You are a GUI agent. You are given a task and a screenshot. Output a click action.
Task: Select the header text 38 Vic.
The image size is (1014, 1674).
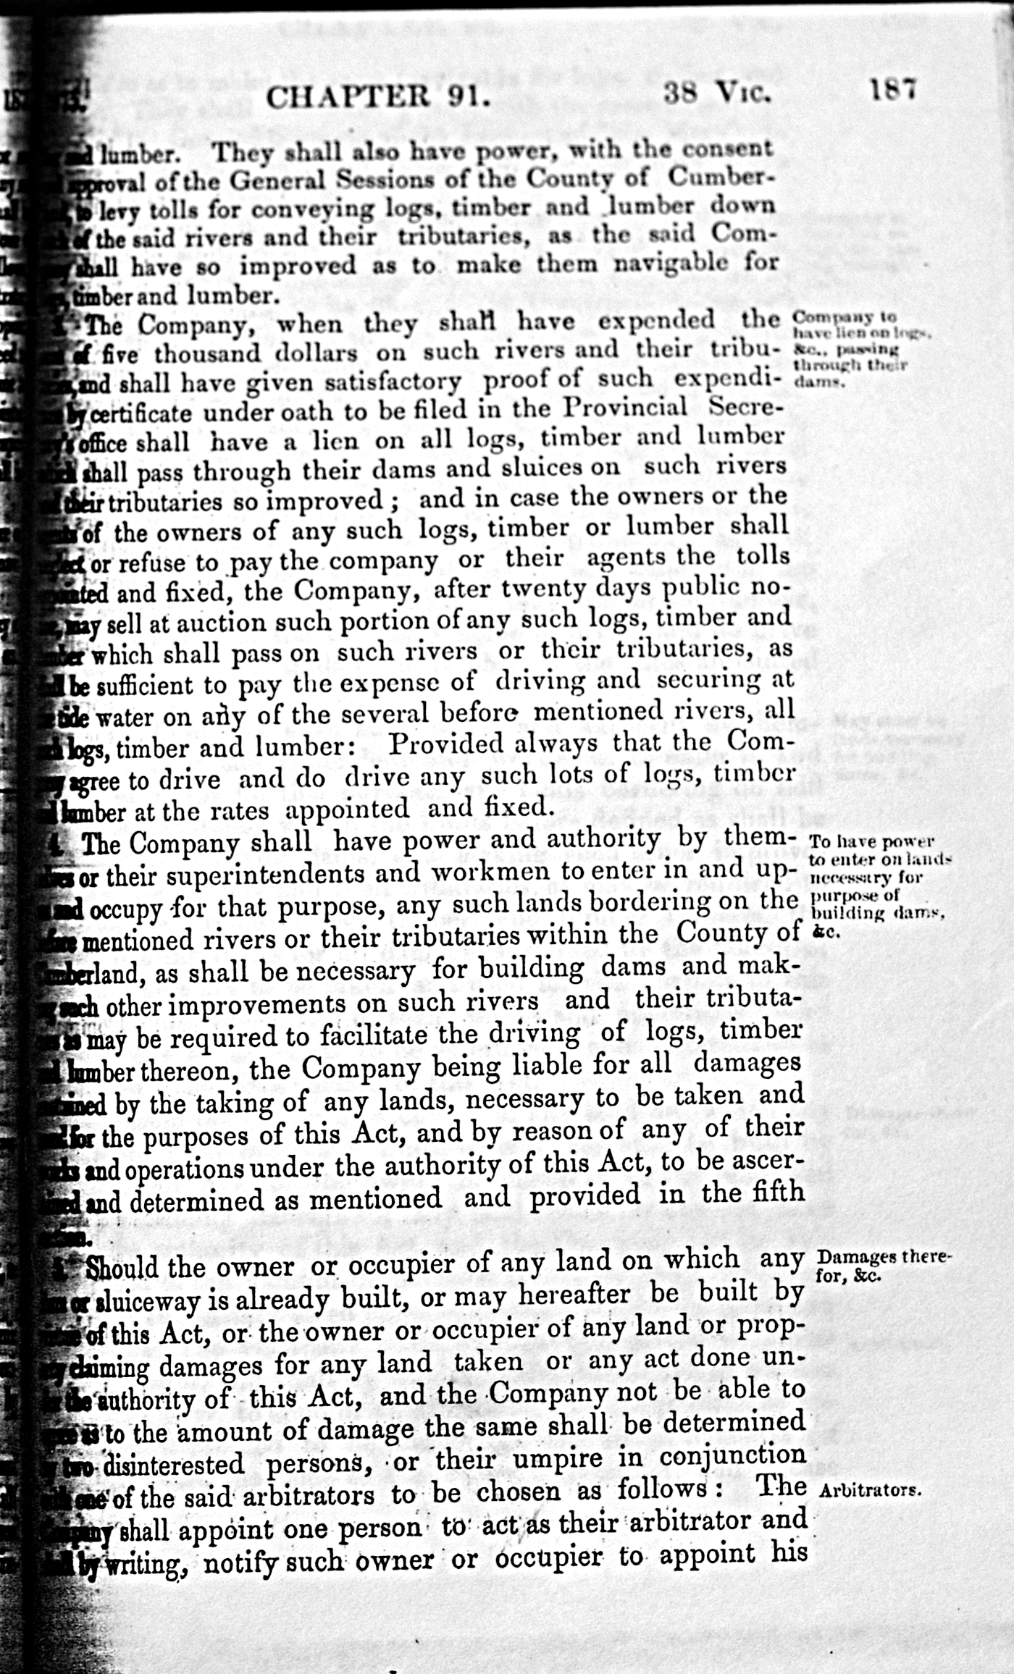[x=715, y=94]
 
